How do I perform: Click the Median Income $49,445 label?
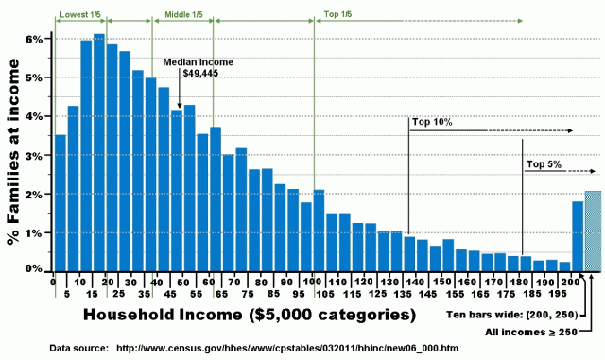(197, 67)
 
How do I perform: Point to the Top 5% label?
(544, 164)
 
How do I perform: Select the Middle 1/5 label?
(183, 15)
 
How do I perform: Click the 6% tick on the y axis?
(36, 40)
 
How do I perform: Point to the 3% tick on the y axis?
(36, 155)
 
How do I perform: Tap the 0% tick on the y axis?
(36, 270)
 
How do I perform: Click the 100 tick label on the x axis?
(312, 282)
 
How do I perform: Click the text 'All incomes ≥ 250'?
(529, 331)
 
